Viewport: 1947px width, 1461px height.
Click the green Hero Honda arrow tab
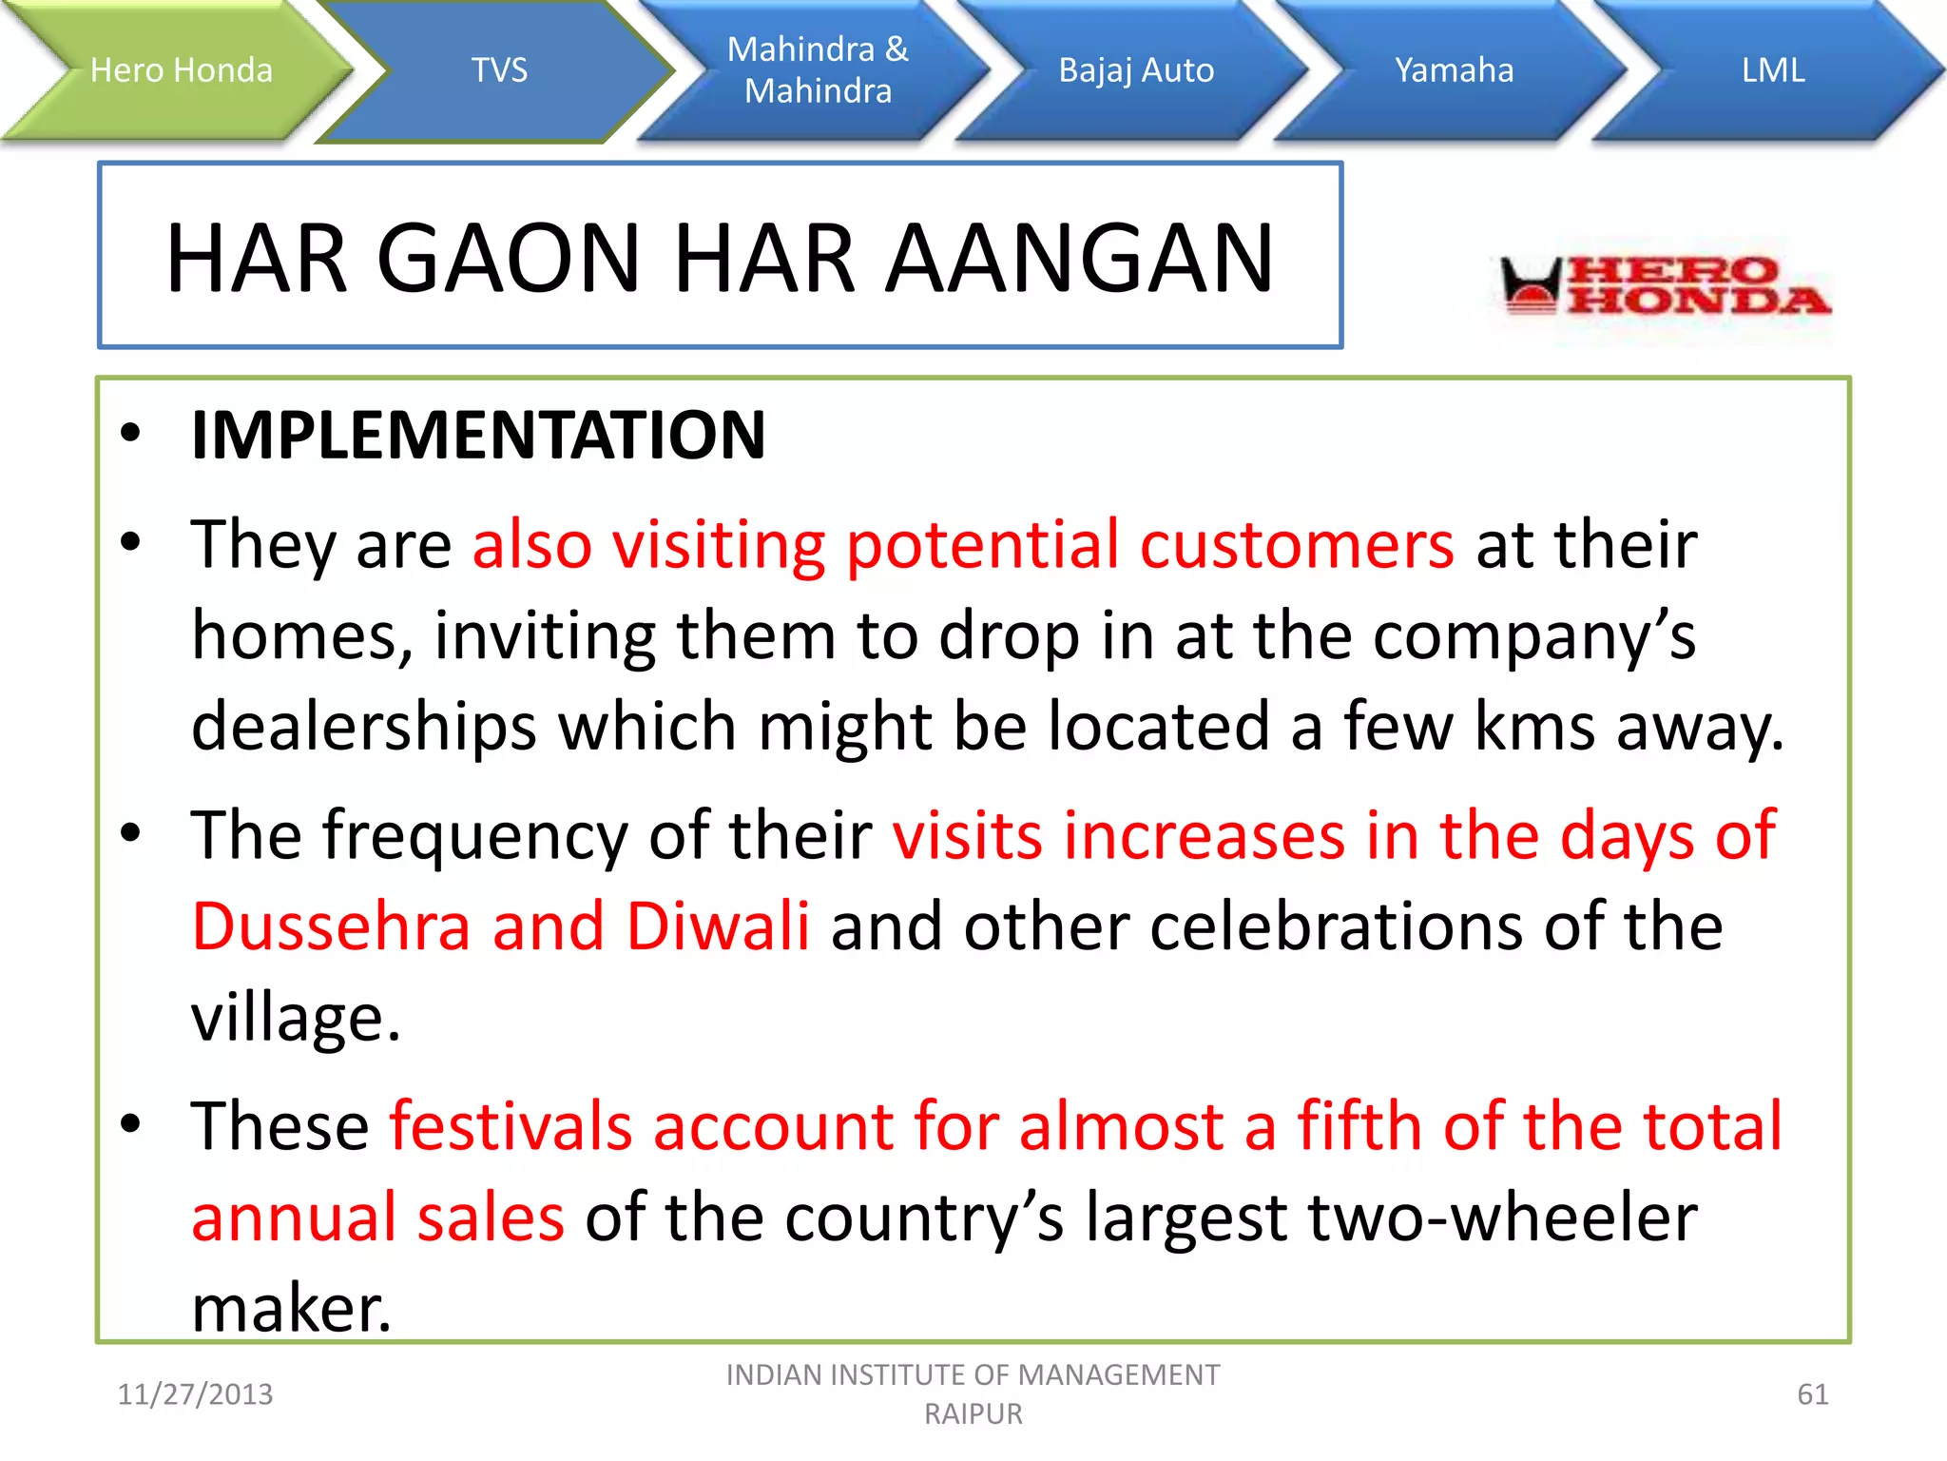(x=181, y=70)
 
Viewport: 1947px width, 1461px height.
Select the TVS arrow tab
(x=499, y=70)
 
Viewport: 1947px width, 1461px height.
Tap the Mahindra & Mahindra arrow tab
(x=818, y=70)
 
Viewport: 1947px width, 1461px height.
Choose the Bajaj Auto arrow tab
(x=1136, y=70)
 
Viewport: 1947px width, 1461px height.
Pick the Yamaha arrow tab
(x=1454, y=70)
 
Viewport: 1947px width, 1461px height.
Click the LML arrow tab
(x=1773, y=70)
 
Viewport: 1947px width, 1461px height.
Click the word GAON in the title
(x=509, y=258)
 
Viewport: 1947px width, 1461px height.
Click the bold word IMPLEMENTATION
(x=478, y=436)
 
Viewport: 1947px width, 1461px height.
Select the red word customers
(x=1296, y=545)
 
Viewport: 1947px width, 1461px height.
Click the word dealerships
(x=364, y=727)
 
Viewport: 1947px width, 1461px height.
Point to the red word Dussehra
(x=331, y=926)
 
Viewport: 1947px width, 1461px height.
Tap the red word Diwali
(x=718, y=926)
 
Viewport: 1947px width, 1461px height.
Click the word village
(x=295, y=1018)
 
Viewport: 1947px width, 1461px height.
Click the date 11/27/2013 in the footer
(x=195, y=1394)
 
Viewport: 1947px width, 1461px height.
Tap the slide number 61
(x=1812, y=1394)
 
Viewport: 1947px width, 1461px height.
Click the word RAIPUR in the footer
(x=973, y=1414)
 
